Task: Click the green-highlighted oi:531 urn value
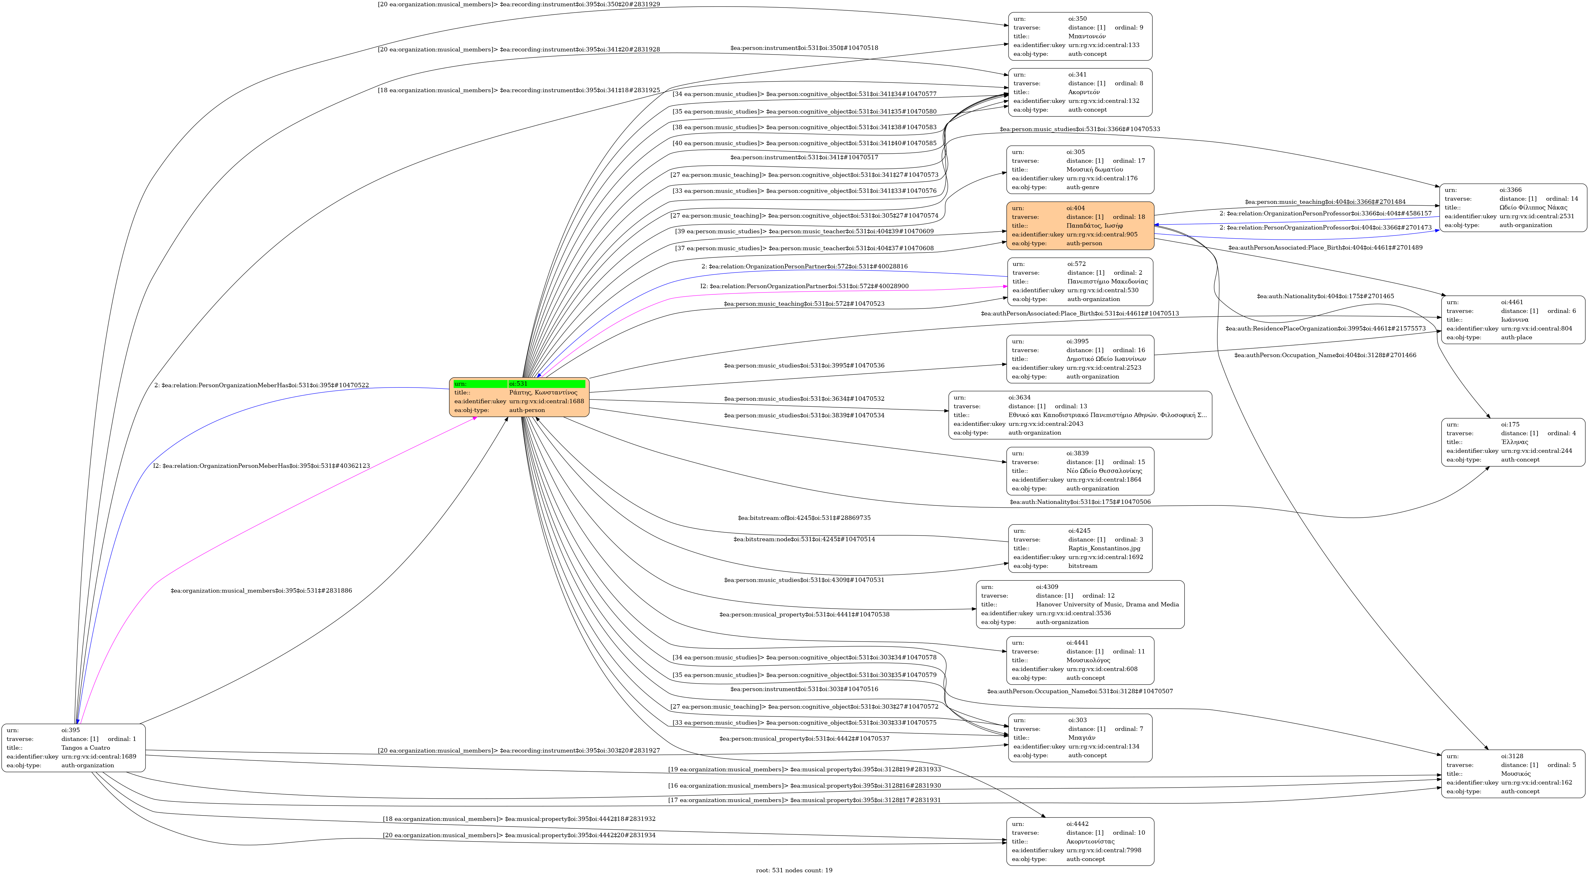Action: coord(518,383)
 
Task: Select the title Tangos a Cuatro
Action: coord(86,748)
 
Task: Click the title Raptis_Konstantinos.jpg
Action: coord(1104,548)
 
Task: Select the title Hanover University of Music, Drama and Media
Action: coord(1107,605)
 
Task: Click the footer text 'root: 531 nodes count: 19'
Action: coord(794,870)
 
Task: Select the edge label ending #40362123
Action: coord(262,466)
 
